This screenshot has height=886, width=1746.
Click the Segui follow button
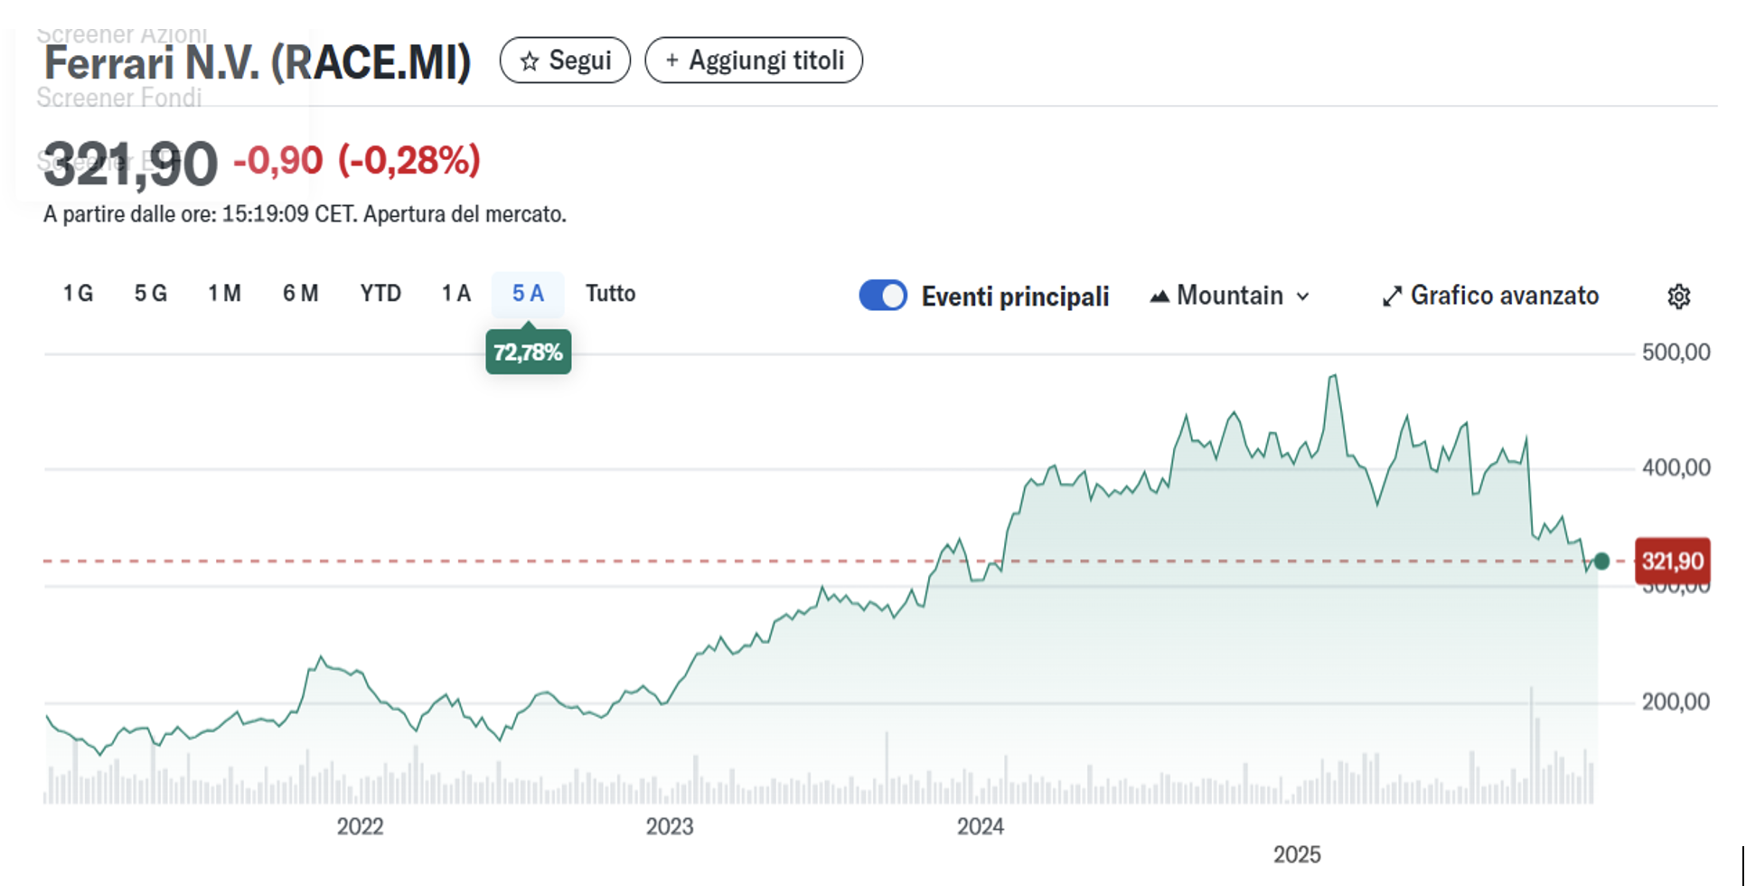[x=565, y=61]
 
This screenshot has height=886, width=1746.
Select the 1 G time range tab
[x=78, y=294]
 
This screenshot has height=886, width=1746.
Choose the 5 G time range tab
[x=151, y=294]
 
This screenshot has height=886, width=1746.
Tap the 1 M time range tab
[x=224, y=294]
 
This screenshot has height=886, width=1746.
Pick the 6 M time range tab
[x=300, y=294]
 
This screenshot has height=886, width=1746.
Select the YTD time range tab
[x=380, y=294]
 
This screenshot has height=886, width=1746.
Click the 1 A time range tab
[x=456, y=294]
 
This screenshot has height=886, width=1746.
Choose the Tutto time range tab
[x=610, y=294]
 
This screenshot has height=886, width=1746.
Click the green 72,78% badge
[x=528, y=352]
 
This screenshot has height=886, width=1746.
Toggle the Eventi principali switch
[x=883, y=296]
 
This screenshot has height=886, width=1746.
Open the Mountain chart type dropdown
[x=1229, y=296]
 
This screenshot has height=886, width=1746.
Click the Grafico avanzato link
[x=1491, y=296]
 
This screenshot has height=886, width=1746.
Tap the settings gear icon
[x=1679, y=297]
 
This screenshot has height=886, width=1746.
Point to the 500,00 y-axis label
[x=1676, y=353]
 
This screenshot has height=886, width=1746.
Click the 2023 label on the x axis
[x=670, y=826]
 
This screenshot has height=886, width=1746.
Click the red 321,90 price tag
[x=1672, y=561]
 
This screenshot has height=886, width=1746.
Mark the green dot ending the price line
[x=1601, y=561]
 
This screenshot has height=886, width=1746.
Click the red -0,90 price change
[x=277, y=161]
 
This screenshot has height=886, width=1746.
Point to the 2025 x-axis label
[x=1297, y=854]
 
